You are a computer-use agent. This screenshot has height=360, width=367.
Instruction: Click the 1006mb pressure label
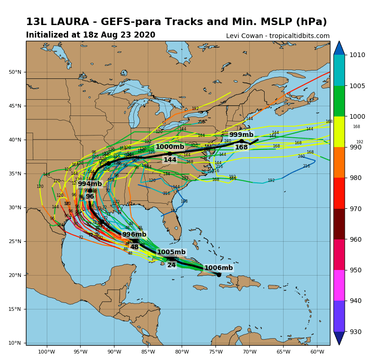[x=218, y=268]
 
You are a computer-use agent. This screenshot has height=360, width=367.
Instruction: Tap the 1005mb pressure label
[x=171, y=252]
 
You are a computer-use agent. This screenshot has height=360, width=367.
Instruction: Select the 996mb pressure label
[x=134, y=234]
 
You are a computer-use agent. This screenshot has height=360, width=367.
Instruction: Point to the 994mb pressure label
[x=89, y=184]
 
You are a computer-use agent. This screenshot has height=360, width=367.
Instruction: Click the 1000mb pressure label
[x=170, y=147]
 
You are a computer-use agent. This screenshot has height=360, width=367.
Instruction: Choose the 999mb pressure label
[x=241, y=135]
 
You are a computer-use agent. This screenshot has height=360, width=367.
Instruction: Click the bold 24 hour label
[x=171, y=265]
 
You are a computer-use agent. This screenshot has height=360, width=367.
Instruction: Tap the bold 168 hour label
[x=241, y=147]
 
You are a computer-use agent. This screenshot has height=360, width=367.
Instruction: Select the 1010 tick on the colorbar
[x=357, y=55]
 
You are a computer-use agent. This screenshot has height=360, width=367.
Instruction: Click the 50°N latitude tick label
[x=15, y=72]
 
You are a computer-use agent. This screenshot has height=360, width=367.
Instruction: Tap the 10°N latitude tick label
[x=15, y=343]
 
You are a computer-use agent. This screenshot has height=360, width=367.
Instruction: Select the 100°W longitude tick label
[x=46, y=351]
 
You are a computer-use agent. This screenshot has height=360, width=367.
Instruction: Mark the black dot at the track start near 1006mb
[x=219, y=275]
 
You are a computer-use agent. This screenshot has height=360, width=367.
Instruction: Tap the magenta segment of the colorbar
[x=339, y=285]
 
